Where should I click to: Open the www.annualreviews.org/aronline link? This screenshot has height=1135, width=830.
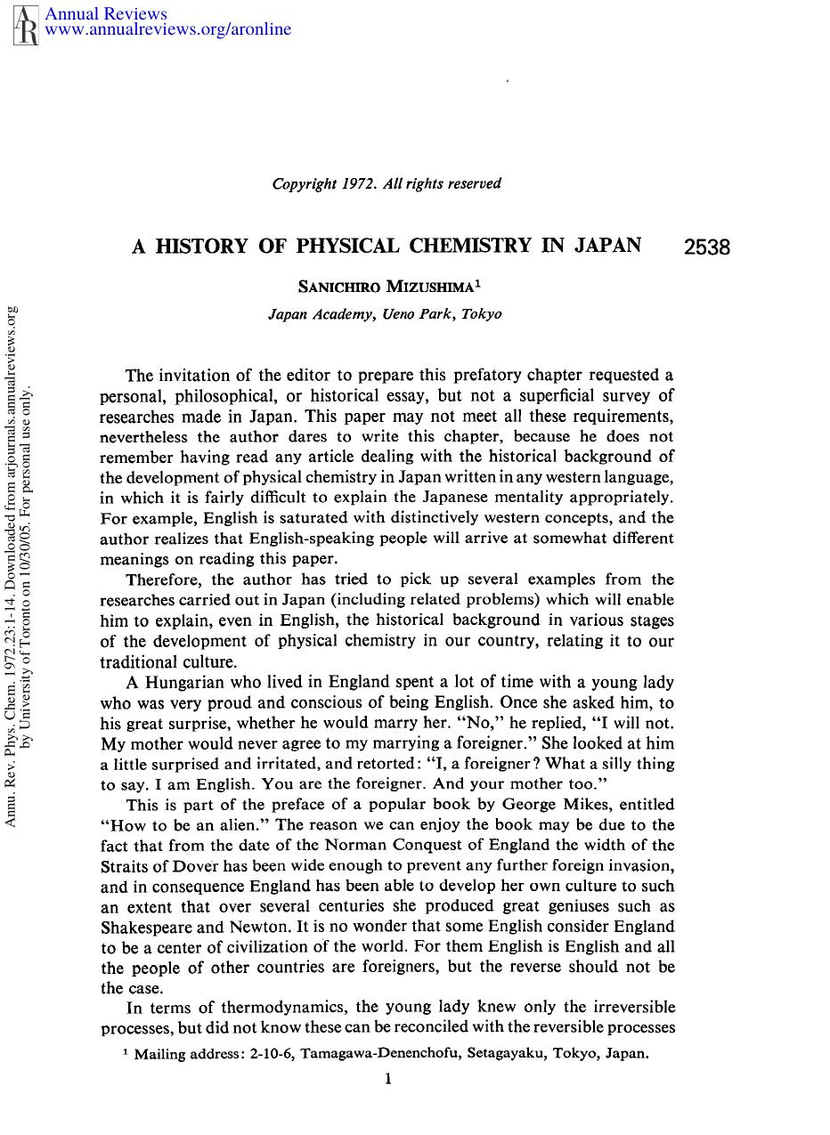click(167, 30)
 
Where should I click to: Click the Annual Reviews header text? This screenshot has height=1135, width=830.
click(105, 13)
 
